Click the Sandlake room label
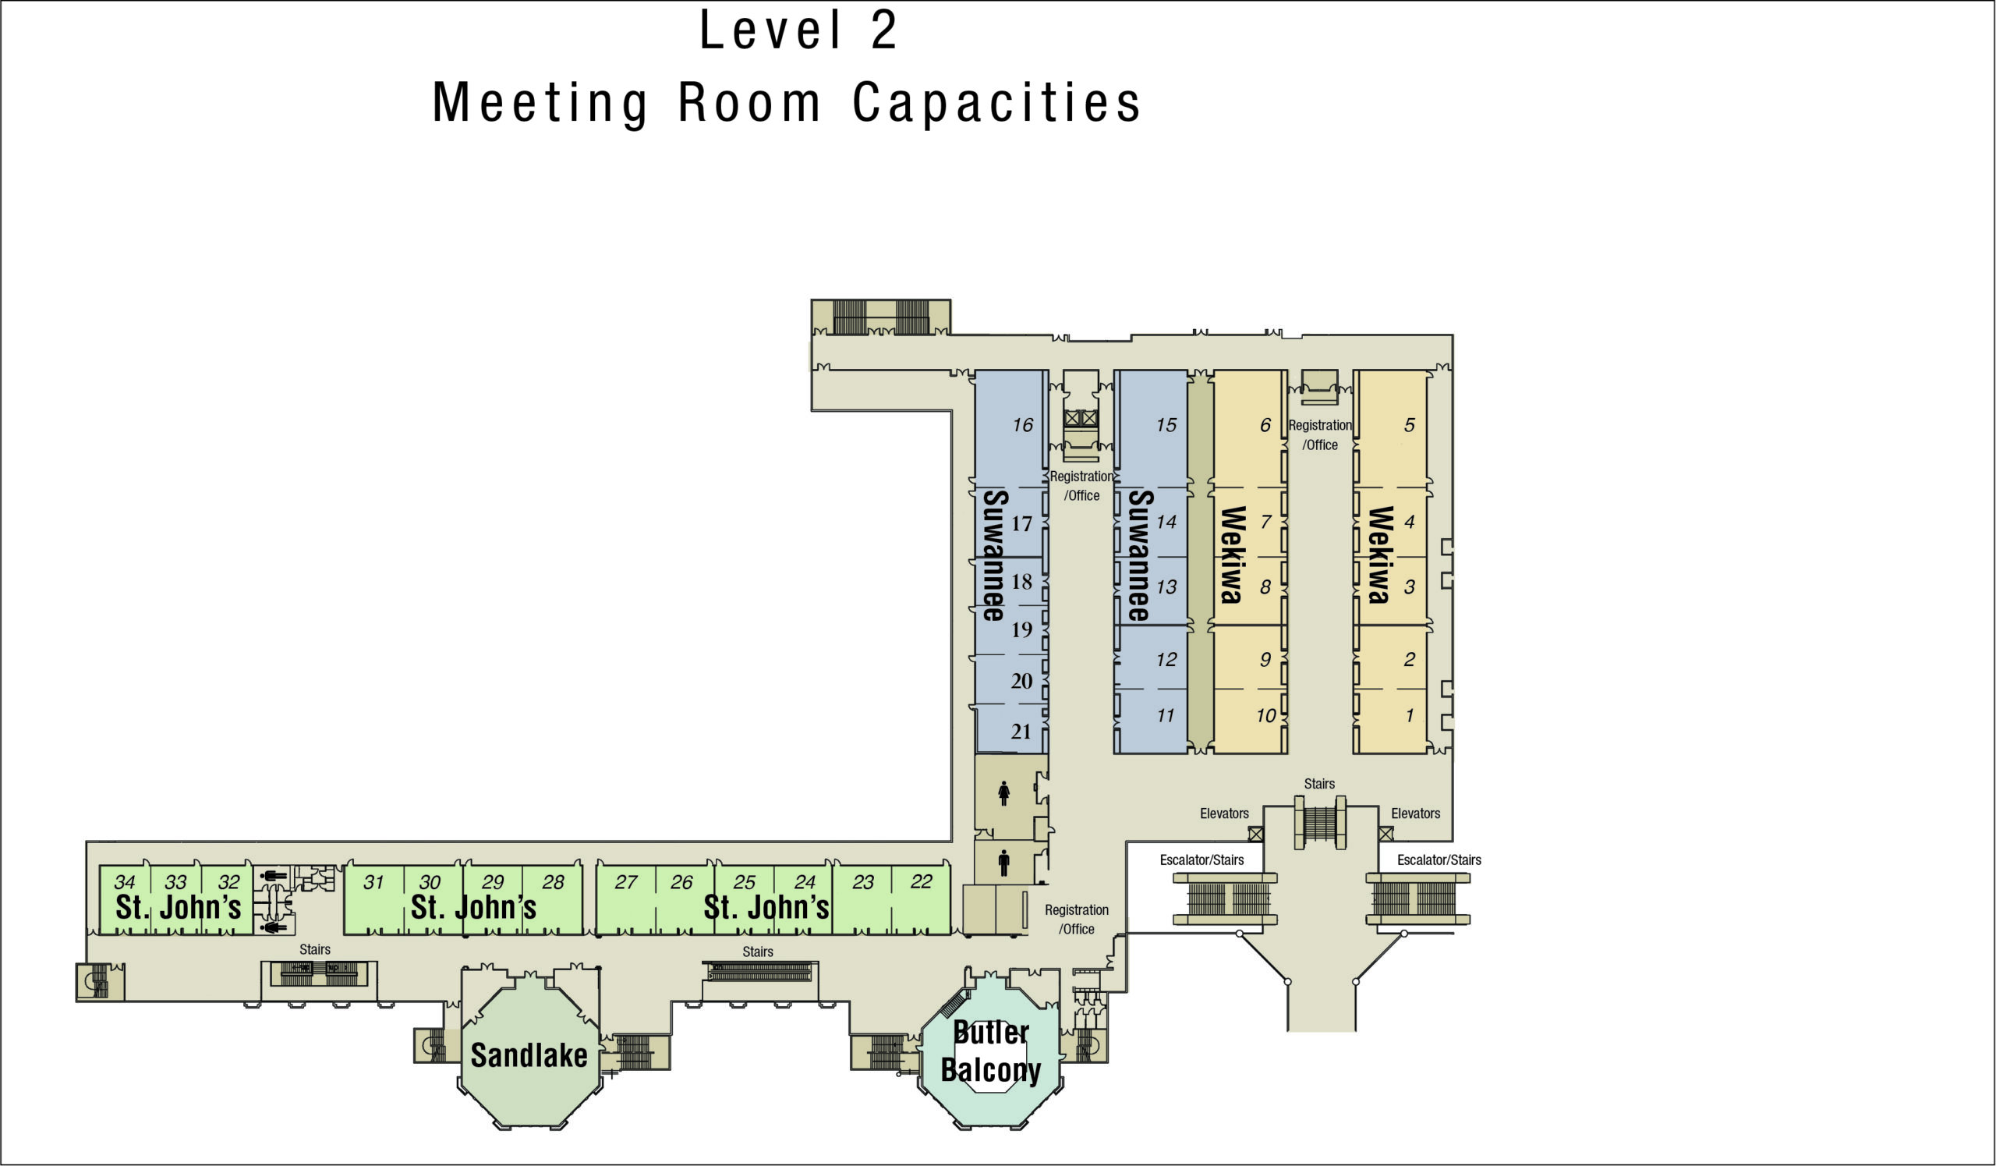529,1055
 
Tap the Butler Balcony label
991,1051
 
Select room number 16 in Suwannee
1022,425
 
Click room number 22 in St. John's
921,881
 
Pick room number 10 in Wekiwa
1265,716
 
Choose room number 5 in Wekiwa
1409,425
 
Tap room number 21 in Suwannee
1021,731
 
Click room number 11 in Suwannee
1165,716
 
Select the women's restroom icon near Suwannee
1003,793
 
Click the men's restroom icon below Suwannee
1003,863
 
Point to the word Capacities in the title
996,104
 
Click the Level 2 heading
798,31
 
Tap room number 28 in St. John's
553,881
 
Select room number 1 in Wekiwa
1409,716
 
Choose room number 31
373,881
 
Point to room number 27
626,881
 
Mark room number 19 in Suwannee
1021,629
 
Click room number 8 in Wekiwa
1265,587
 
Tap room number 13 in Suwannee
1166,587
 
